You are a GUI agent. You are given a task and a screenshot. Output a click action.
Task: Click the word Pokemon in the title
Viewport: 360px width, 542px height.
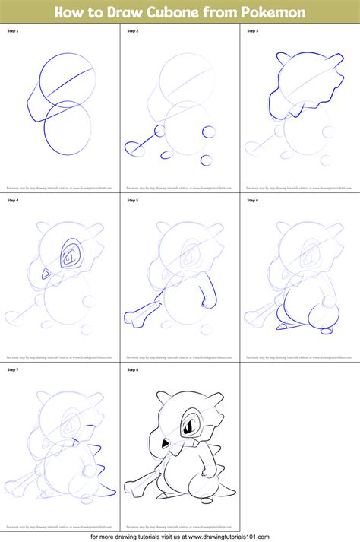tap(267, 12)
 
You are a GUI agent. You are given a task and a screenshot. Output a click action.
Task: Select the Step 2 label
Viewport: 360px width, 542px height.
tap(132, 31)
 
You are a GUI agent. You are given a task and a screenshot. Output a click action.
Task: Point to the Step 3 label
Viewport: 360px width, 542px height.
tap(252, 31)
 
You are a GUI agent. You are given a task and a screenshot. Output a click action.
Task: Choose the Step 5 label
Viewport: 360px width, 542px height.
tap(132, 201)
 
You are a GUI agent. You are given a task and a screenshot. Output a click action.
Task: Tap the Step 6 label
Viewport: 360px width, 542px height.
tap(252, 201)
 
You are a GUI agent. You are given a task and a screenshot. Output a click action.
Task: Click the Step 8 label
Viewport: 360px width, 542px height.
tap(132, 370)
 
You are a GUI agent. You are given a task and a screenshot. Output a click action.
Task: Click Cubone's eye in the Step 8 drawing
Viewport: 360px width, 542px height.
tap(186, 428)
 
